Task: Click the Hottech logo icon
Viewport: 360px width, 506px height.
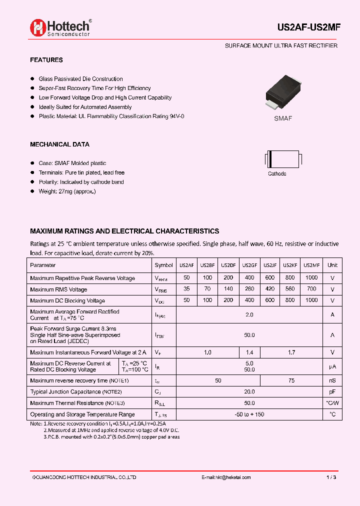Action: pyautogui.click(x=38, y=27)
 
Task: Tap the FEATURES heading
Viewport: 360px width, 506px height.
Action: pyautogui.click(x=46, y=60)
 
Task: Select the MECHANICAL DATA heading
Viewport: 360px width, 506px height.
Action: pyautogui.click(x=59, y=144)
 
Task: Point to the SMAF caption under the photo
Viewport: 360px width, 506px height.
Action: pyautogui.click(x=282, y=118)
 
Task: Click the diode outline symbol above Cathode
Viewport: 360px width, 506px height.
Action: pyautogui.click(x=281, y=159)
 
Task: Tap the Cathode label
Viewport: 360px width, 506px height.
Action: pyautogui.click(x=277, y=174)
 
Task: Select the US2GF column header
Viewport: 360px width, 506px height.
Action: pyautogui.click(x=249, y=265)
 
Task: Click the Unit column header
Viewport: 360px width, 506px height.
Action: pyautogui.click(x=332, y=265)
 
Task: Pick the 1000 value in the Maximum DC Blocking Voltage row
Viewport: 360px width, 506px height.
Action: pyautogui.click(x=311, y=300)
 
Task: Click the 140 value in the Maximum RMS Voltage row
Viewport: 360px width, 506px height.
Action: pyautogui.click(x=228, y=289)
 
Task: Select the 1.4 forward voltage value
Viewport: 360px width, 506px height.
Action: pyautogui.click(x=249, y=352)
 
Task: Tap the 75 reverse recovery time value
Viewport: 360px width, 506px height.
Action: pyautogui.click(x=291, y=381)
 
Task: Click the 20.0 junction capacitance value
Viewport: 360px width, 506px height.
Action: pyautogui.click(x=249, y=392)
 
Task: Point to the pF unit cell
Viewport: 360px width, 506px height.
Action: pyautogui.click(x=332, y=392)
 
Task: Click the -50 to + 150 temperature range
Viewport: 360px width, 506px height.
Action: pyautogui.click(x=249, y=414)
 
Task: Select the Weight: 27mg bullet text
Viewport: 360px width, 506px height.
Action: pyautogui.click(x=67, y=191)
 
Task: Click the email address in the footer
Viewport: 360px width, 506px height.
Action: pyautogui.click(x=226, y=477)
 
